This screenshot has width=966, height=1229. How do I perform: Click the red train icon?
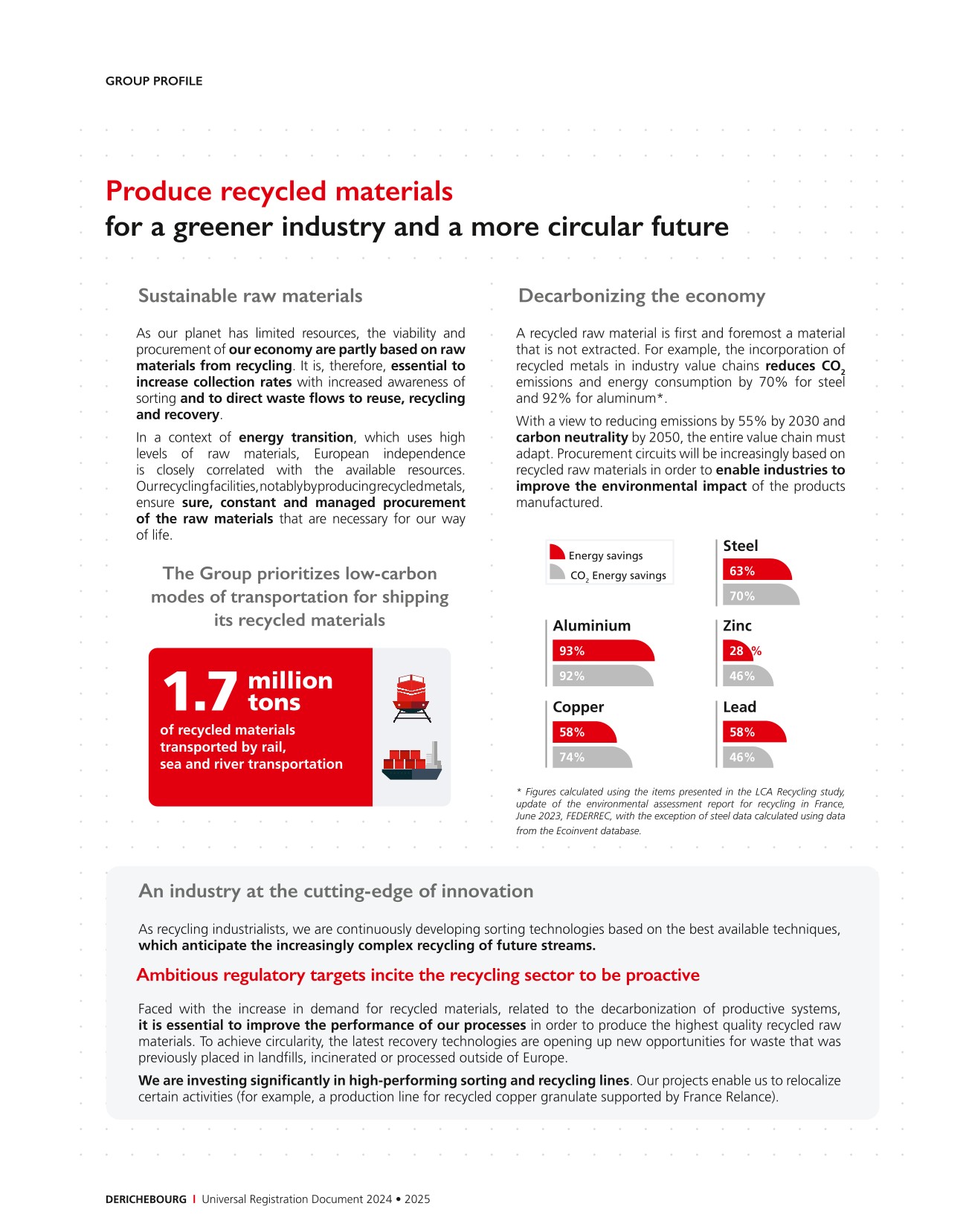click(x=411, y=698)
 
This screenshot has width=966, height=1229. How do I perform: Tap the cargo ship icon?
click(x=411, y=761)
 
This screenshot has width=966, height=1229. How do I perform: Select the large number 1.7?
click(x=199, y=692)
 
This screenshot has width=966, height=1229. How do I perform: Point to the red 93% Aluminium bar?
click(x=602, y=651)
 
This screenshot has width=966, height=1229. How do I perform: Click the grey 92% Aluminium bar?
click(x=602, y=676)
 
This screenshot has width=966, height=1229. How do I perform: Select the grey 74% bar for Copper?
click(x=592, y=757)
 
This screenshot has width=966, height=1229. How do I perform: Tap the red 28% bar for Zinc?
click(x=737, y=651)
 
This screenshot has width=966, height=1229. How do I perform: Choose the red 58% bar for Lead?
click(x=753, y=732)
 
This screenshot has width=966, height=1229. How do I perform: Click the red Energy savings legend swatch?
click(x=556, y=552)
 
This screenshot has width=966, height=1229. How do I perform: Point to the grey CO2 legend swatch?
click(x=556, y=572)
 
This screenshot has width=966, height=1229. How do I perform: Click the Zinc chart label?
click(x=737, y=625)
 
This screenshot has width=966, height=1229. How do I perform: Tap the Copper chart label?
click(x=578, y=706)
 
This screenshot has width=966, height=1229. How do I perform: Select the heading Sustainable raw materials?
click(x=250, y=296)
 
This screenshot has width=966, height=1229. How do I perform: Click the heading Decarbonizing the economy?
click(x=641, y=296)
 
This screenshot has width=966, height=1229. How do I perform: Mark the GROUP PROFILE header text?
click(x=154, y=81)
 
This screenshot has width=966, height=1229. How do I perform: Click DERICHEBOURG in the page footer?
click(x=146, y=1199)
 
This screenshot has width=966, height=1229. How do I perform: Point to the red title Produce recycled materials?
click(x=279, y=191)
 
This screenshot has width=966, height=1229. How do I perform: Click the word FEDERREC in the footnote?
click(x=589, y=816)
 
